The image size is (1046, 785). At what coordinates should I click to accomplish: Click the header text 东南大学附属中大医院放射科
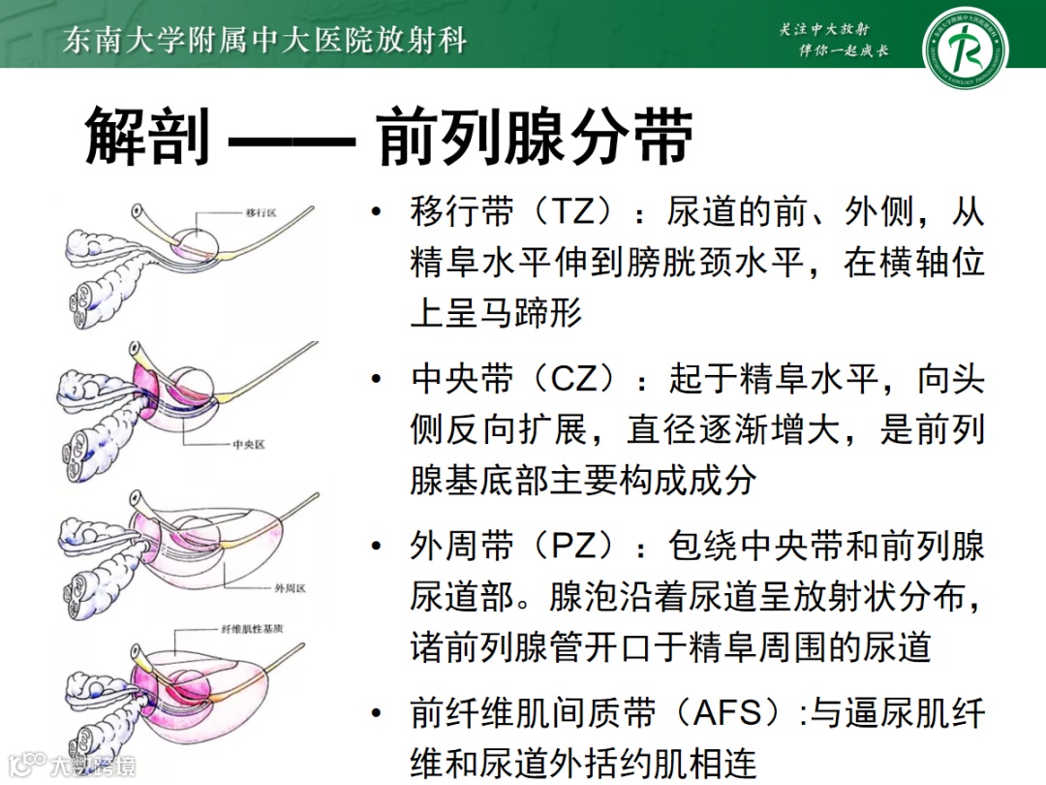pos(263,40)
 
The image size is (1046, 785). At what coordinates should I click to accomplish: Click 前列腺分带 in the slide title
pos(535,137)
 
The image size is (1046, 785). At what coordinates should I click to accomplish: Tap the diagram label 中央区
pos(249,445)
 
